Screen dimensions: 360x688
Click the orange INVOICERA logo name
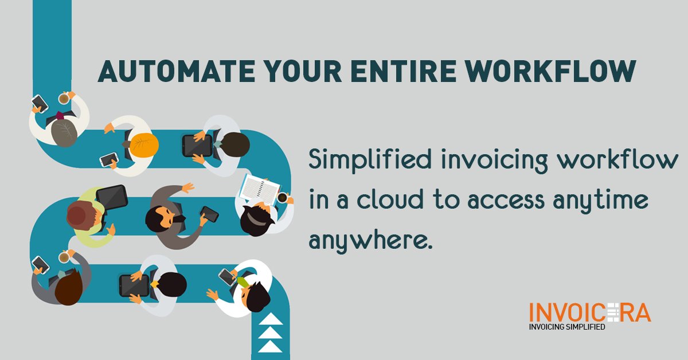coord(589,314)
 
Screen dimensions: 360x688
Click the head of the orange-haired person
coord(143,144)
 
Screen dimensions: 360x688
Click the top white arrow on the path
coord(271,319)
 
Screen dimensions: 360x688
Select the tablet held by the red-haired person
coord(111,197)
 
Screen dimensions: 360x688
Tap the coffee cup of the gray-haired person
coord(64,99)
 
